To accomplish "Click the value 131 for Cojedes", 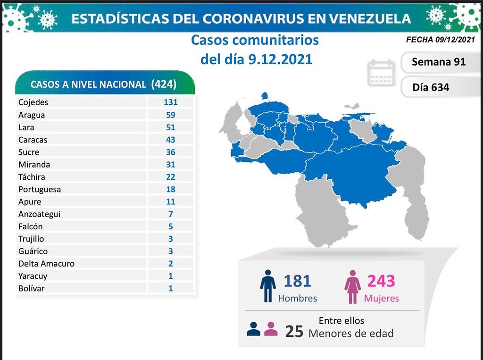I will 170,102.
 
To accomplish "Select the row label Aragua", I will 31,115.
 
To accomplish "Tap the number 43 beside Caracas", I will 170,140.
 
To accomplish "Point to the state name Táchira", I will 32,177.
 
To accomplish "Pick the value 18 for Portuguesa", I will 170,189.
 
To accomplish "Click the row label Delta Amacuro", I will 46,264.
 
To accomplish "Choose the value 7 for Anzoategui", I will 170,214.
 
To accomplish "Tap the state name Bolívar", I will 31,288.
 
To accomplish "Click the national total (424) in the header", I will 164,84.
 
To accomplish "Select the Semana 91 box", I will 438,62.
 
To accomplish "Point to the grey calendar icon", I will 381,73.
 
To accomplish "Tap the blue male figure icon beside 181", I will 267,285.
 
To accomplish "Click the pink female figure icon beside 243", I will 352,287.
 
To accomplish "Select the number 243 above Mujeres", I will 381,281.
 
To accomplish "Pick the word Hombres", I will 297,299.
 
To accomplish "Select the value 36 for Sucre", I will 170,152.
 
